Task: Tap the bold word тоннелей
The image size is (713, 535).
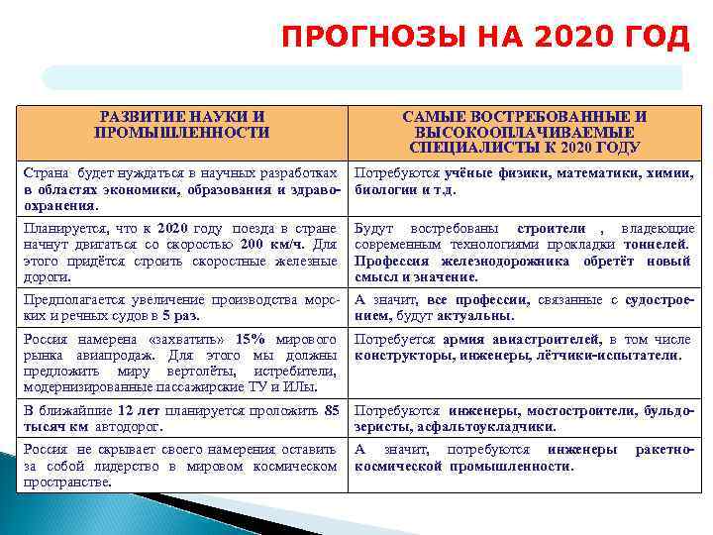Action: click(660, 244)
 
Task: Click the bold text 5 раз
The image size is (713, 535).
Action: click(179, 316)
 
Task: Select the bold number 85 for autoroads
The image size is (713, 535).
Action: click(332, 410)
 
